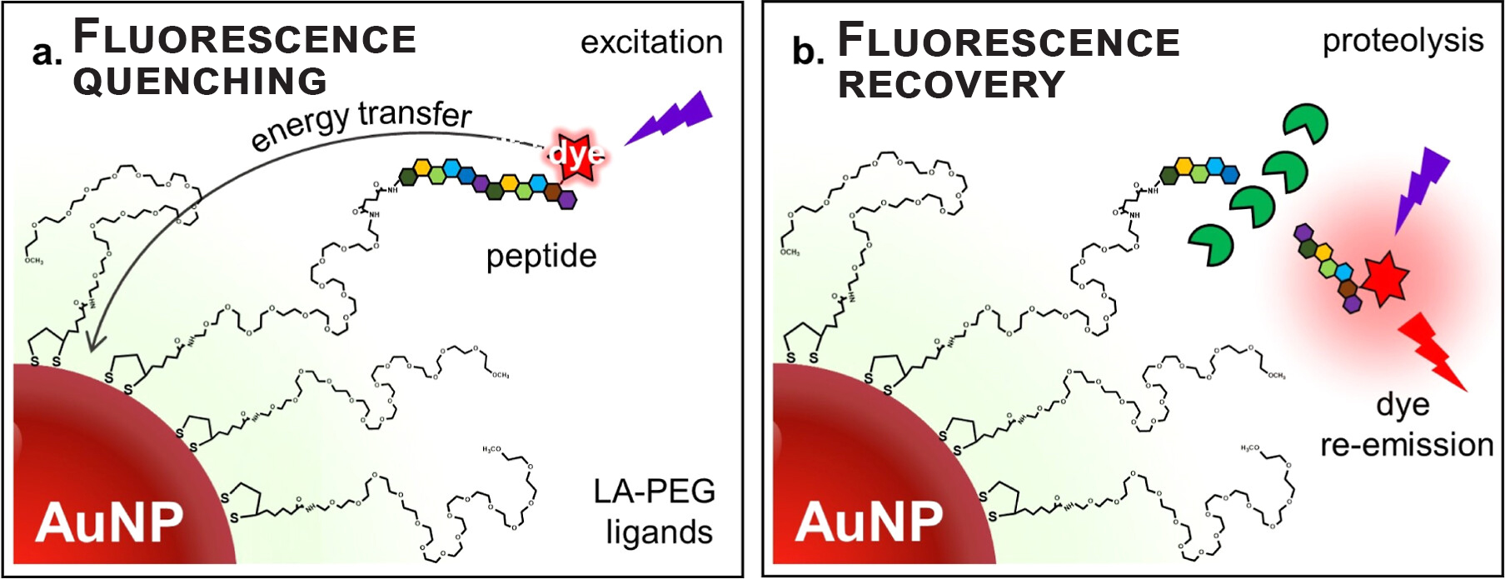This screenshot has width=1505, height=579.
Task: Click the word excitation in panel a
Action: pos(651,42)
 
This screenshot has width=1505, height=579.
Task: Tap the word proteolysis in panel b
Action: pos(1403,41)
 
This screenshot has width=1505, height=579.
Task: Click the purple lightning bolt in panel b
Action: pos(1423,187)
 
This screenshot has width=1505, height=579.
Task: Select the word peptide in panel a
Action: pos(541,256)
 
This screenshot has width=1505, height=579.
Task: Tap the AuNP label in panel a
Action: pos(109,522)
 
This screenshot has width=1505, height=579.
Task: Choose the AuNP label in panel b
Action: pos(869,522)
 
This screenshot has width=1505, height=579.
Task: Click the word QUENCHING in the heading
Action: pos(200,82)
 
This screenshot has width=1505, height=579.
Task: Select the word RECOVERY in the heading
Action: pos(951,84)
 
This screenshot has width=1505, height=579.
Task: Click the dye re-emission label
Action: pos(1406,425)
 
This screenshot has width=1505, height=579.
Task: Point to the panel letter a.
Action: pos(47,53)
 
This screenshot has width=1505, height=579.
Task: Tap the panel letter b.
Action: pos(807,52)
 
